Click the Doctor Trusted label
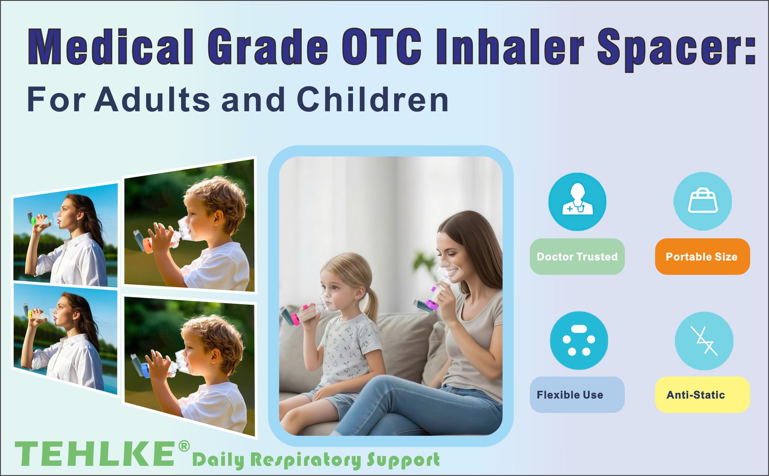click(577, 257)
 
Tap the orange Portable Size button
click(702, 257)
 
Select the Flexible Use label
click(577, 395)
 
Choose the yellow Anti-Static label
click(702, 395)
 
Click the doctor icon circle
click(577, 201)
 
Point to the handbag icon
click(703, 201)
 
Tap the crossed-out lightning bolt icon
click(704, 341)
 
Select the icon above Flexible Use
click(579, 341)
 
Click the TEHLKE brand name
click(95, 454)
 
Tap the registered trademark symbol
click(184, 446)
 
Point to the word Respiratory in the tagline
click(306, 460)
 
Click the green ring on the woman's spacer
click(33, 221)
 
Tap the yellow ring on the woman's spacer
click(30, 314)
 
